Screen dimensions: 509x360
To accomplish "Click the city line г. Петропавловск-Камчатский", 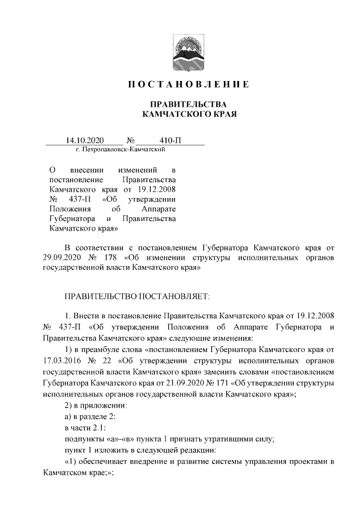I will coord(119,150).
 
